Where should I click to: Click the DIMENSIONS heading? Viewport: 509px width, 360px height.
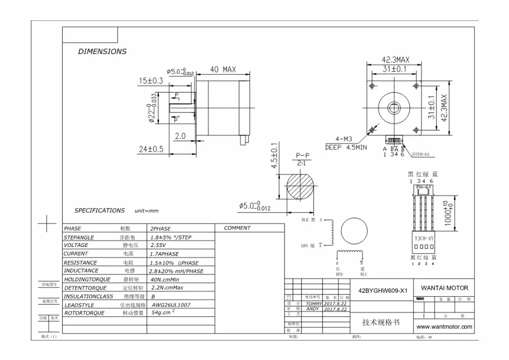tap(102, 51)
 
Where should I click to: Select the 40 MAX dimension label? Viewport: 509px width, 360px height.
tap(222, 70)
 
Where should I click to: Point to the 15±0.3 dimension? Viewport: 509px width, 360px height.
tap(151, 81)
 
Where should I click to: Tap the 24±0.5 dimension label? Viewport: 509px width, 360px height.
tap(151, 149)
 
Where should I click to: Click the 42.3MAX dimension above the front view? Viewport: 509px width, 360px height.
tap(396, 59)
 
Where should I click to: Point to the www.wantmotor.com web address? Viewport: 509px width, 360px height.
tap(444, 327)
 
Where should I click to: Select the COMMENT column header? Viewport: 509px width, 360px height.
tap(237, 228)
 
